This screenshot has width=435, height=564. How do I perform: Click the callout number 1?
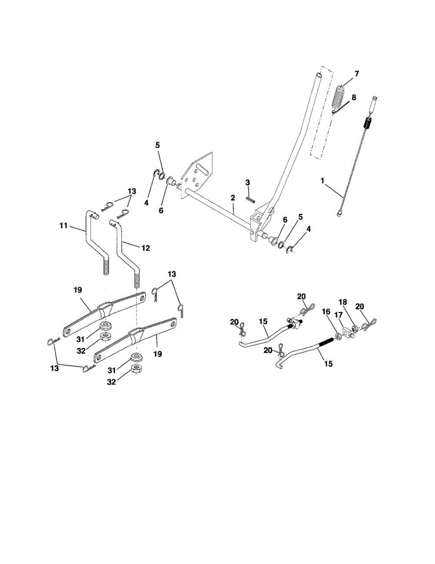322,180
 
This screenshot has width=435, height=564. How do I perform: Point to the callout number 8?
354,97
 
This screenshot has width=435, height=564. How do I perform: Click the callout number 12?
145,247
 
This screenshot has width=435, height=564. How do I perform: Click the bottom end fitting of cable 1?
340,213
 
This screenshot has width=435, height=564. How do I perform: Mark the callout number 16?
325,312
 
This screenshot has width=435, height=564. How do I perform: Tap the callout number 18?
342,303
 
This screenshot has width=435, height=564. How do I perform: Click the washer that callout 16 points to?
337,337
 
